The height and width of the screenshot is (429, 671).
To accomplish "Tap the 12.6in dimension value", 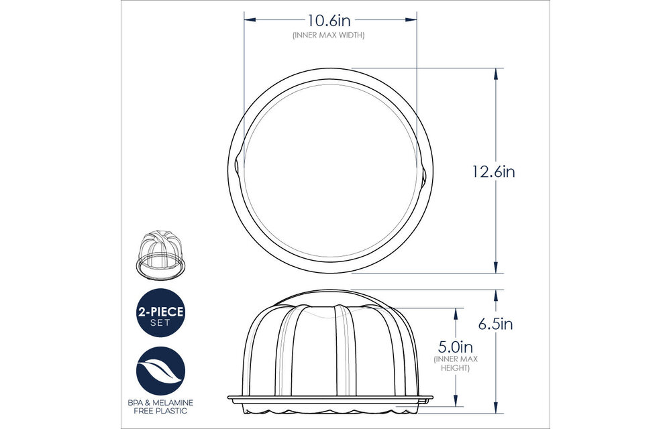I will pyautogui.click(x=492, y=172).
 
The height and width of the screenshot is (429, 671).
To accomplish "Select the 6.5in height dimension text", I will pyautogui.click(x=495, y=324).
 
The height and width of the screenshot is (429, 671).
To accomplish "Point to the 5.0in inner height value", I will pyautogui.click(x=456, y=347).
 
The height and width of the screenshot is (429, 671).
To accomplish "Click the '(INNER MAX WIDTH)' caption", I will pyautogui.click(x=329, y=35).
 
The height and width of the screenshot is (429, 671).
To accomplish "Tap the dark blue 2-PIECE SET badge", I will pyautogui.click(x=160, y=312).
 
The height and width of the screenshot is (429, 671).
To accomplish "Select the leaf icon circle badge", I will pyautogui.click(x=160, y=371).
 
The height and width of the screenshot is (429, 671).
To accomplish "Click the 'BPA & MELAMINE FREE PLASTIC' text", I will pyautogui.click(x=160, y=406).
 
